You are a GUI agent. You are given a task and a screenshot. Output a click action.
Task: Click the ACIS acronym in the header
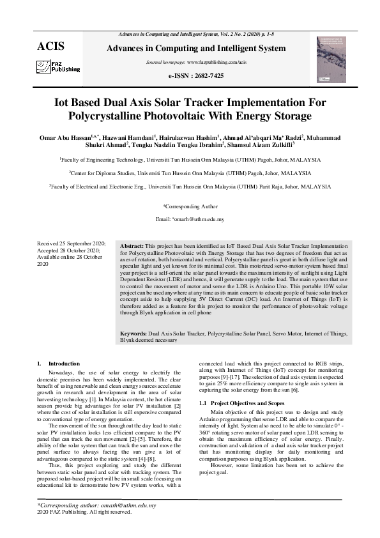51,46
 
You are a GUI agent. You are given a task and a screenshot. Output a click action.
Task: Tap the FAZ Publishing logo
58,66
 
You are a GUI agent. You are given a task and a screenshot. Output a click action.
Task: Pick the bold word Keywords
134,334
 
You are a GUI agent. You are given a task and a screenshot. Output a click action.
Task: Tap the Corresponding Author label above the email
190,206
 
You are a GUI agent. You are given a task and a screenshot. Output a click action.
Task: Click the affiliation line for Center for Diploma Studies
190,173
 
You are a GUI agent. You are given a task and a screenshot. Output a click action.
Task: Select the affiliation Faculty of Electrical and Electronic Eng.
190,187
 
